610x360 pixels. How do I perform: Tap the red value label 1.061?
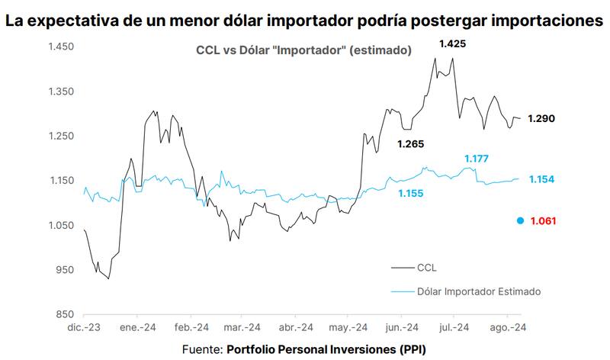click(543, 221)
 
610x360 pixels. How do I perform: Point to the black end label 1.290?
click(541, 118)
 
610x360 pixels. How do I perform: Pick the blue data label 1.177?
click(474, 159)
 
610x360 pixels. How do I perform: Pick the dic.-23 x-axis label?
click(85, 327)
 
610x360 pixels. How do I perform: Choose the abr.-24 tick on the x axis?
click(295, 327)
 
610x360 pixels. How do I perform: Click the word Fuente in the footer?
click(201, 349)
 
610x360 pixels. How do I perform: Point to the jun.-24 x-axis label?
click(401, 327)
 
